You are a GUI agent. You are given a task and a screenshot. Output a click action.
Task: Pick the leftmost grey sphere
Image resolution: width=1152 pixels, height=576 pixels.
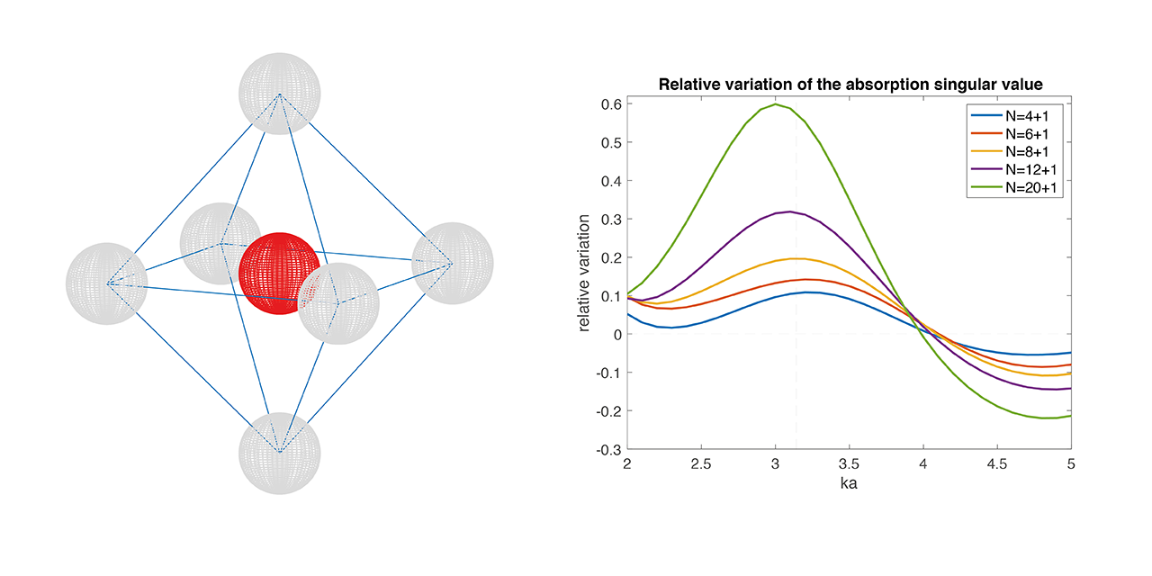[x=107, y=283]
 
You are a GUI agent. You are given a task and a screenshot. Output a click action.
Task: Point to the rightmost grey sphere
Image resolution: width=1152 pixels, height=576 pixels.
[x=453, y=263]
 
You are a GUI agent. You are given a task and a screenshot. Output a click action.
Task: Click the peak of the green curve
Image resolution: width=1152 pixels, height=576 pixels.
[x=775, y=103]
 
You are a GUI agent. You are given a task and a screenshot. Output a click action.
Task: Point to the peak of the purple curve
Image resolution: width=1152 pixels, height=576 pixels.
[x=789, y=211]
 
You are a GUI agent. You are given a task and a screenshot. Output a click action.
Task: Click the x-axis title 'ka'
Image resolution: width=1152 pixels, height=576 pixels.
[x=849, y=484]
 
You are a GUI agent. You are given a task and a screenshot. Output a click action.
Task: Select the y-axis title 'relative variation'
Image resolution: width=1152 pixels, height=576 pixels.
[x=585, y=272]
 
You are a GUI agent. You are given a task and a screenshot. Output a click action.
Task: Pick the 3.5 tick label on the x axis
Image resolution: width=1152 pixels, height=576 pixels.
[x=849, y=463]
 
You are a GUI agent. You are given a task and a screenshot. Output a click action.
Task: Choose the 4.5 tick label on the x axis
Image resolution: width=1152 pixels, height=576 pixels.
[x=996, y=463]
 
